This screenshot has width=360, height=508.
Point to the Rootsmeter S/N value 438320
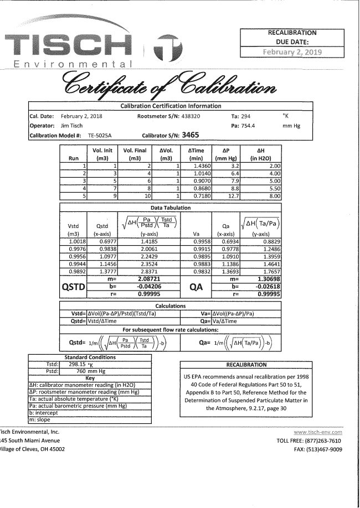194,116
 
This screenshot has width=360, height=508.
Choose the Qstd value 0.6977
103,241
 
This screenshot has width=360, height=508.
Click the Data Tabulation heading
170,208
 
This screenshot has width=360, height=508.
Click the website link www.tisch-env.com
318,432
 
